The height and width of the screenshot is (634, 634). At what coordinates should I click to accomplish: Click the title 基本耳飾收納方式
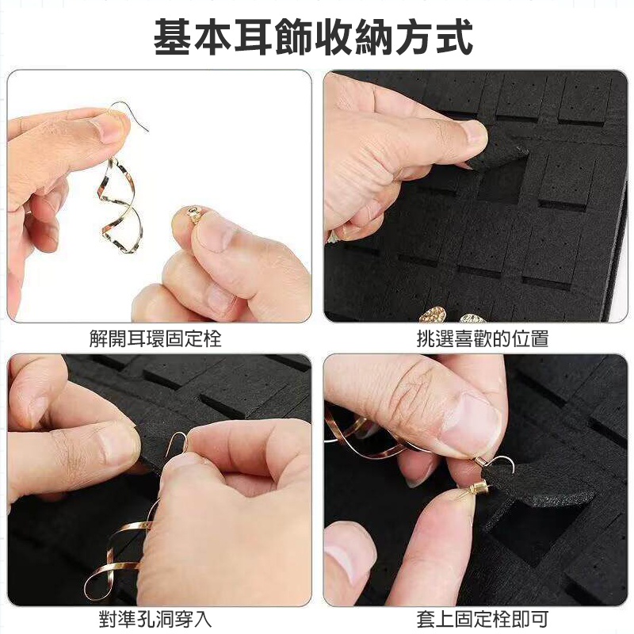coord(313,36)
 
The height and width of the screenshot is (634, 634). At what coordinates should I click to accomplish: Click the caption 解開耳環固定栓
coord(155,338)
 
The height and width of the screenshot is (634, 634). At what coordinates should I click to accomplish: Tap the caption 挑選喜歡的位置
coord(483,338)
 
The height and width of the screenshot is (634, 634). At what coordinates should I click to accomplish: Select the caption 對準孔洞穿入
coord(155,619)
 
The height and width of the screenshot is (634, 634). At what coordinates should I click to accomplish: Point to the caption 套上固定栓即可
coord(483,619)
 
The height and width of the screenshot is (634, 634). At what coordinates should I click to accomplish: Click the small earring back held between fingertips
coord(194,214)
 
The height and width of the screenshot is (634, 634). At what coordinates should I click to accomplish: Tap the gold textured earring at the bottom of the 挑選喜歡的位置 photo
coord(433,315)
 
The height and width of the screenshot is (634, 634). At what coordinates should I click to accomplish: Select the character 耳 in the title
coord(253,36)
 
